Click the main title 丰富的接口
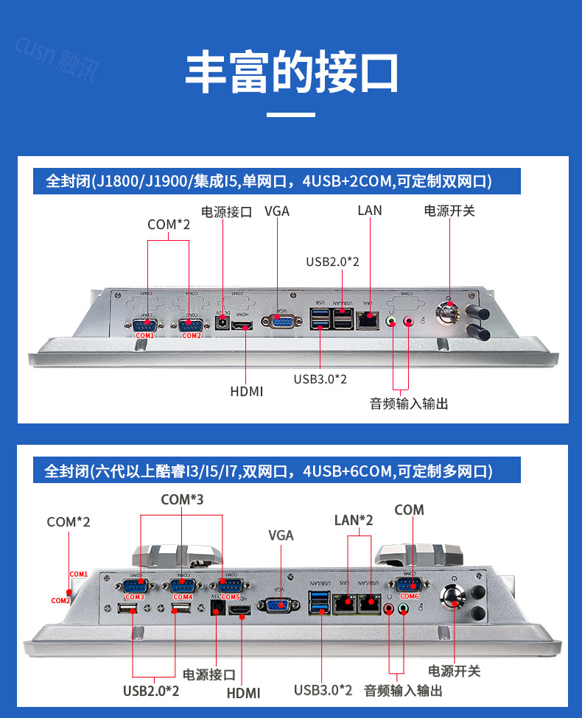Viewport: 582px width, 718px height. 291,71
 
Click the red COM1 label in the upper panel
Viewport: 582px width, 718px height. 144,336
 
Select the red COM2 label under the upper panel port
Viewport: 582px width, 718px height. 192,336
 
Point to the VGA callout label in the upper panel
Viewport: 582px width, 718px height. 277,211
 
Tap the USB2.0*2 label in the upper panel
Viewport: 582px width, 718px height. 332,261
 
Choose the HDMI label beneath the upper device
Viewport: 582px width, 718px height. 246,391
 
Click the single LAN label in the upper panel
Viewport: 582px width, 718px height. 370,211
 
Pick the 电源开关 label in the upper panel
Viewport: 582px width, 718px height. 449,211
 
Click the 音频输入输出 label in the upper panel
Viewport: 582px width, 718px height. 408,404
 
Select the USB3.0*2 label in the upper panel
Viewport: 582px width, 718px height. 320,379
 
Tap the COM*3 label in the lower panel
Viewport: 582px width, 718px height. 182,500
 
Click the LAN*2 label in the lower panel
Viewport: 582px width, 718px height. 354,520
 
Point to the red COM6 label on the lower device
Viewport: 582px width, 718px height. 409,596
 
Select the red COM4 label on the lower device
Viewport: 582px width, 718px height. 183,596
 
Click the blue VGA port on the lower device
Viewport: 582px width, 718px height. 277,605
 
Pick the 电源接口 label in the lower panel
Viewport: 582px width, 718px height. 209,675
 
